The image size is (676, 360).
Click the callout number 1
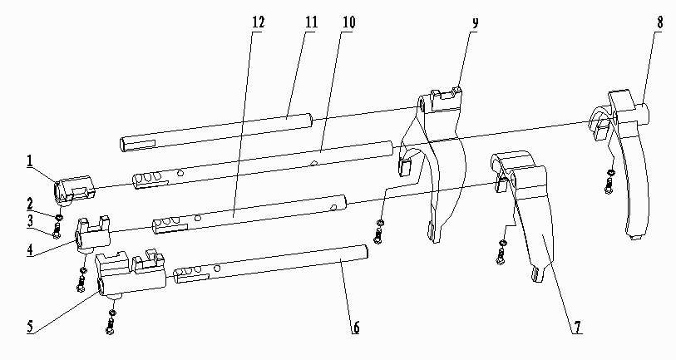29,161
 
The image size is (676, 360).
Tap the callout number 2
30,204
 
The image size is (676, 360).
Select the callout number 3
30,221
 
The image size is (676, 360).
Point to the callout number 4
30,250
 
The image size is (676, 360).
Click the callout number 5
30,326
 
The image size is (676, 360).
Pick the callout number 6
356,328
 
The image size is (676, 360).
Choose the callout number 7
577,328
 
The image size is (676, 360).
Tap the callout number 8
659,22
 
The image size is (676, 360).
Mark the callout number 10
348,22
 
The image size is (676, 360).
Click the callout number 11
311,22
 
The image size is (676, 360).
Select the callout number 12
259,22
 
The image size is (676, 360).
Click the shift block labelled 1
73,189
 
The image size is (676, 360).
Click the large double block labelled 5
131,274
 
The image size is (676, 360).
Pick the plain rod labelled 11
215,132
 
